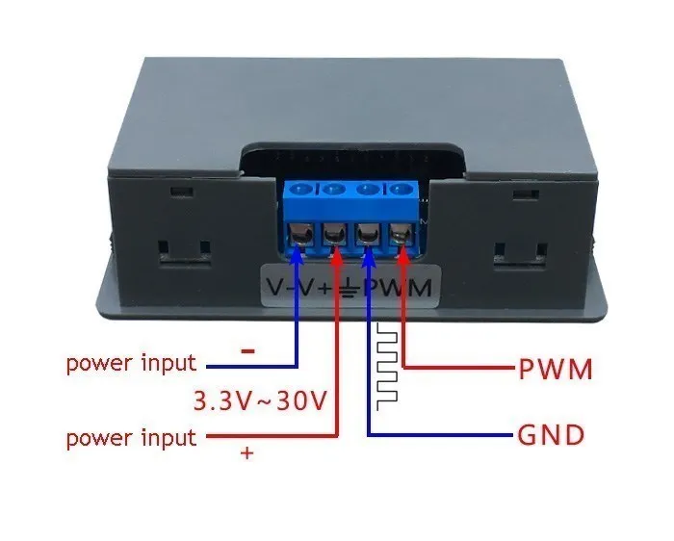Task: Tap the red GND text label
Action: pyautogui.click(x=551, y=435)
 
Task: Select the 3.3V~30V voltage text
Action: pyautogui.click(x=260, y=399)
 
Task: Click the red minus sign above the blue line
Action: pyautogui.click(x=247, y=351)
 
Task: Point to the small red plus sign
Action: pyautogui.click(x=247, y=453)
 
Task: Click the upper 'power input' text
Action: pyautogui.click(x=131, y=364)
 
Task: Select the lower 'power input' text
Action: pyautogui.click(x=131, y=438)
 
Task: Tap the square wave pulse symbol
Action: pyautogui.click(x=387, y=366)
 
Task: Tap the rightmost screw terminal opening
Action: pyautogui.click(x=401, y=234)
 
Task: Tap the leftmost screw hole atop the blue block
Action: pyautogui.click(x=301, y=190)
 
